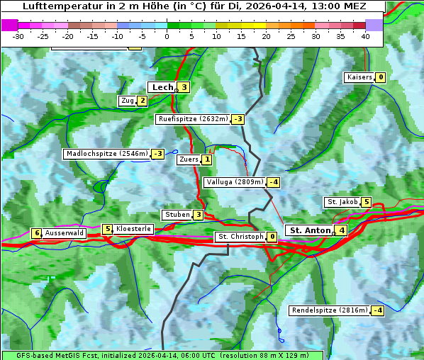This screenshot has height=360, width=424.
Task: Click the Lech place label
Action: click(162, 87)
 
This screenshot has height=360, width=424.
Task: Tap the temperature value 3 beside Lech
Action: click(184, 87)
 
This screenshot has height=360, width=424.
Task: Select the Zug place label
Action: click(127, 101)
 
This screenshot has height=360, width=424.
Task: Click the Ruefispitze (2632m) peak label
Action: click(193, 119)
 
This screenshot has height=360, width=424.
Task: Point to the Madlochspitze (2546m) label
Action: click(106, 154)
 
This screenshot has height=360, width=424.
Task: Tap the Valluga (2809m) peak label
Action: click(235, 182)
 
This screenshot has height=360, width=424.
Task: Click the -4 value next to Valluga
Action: click(274, 182)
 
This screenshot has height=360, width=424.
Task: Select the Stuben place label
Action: click(177, 215)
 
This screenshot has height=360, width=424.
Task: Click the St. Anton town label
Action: click(310, 230)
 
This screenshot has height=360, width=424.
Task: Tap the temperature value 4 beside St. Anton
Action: click(342, 230)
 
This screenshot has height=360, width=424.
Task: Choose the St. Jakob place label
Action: click(342, 202)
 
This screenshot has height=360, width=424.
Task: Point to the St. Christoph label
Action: click(240, 237)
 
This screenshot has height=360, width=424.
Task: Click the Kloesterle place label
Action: click(133, 229)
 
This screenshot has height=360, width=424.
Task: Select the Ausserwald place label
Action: click(65, 232)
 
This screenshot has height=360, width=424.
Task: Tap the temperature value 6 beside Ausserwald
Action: click(36, 232)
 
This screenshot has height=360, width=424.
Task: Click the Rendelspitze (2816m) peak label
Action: click(330, 310)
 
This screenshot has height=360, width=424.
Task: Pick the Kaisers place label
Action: click(359, 77)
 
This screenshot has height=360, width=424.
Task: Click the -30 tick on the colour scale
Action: click(18, 36)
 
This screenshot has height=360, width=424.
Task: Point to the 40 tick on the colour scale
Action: click(365, 36)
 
